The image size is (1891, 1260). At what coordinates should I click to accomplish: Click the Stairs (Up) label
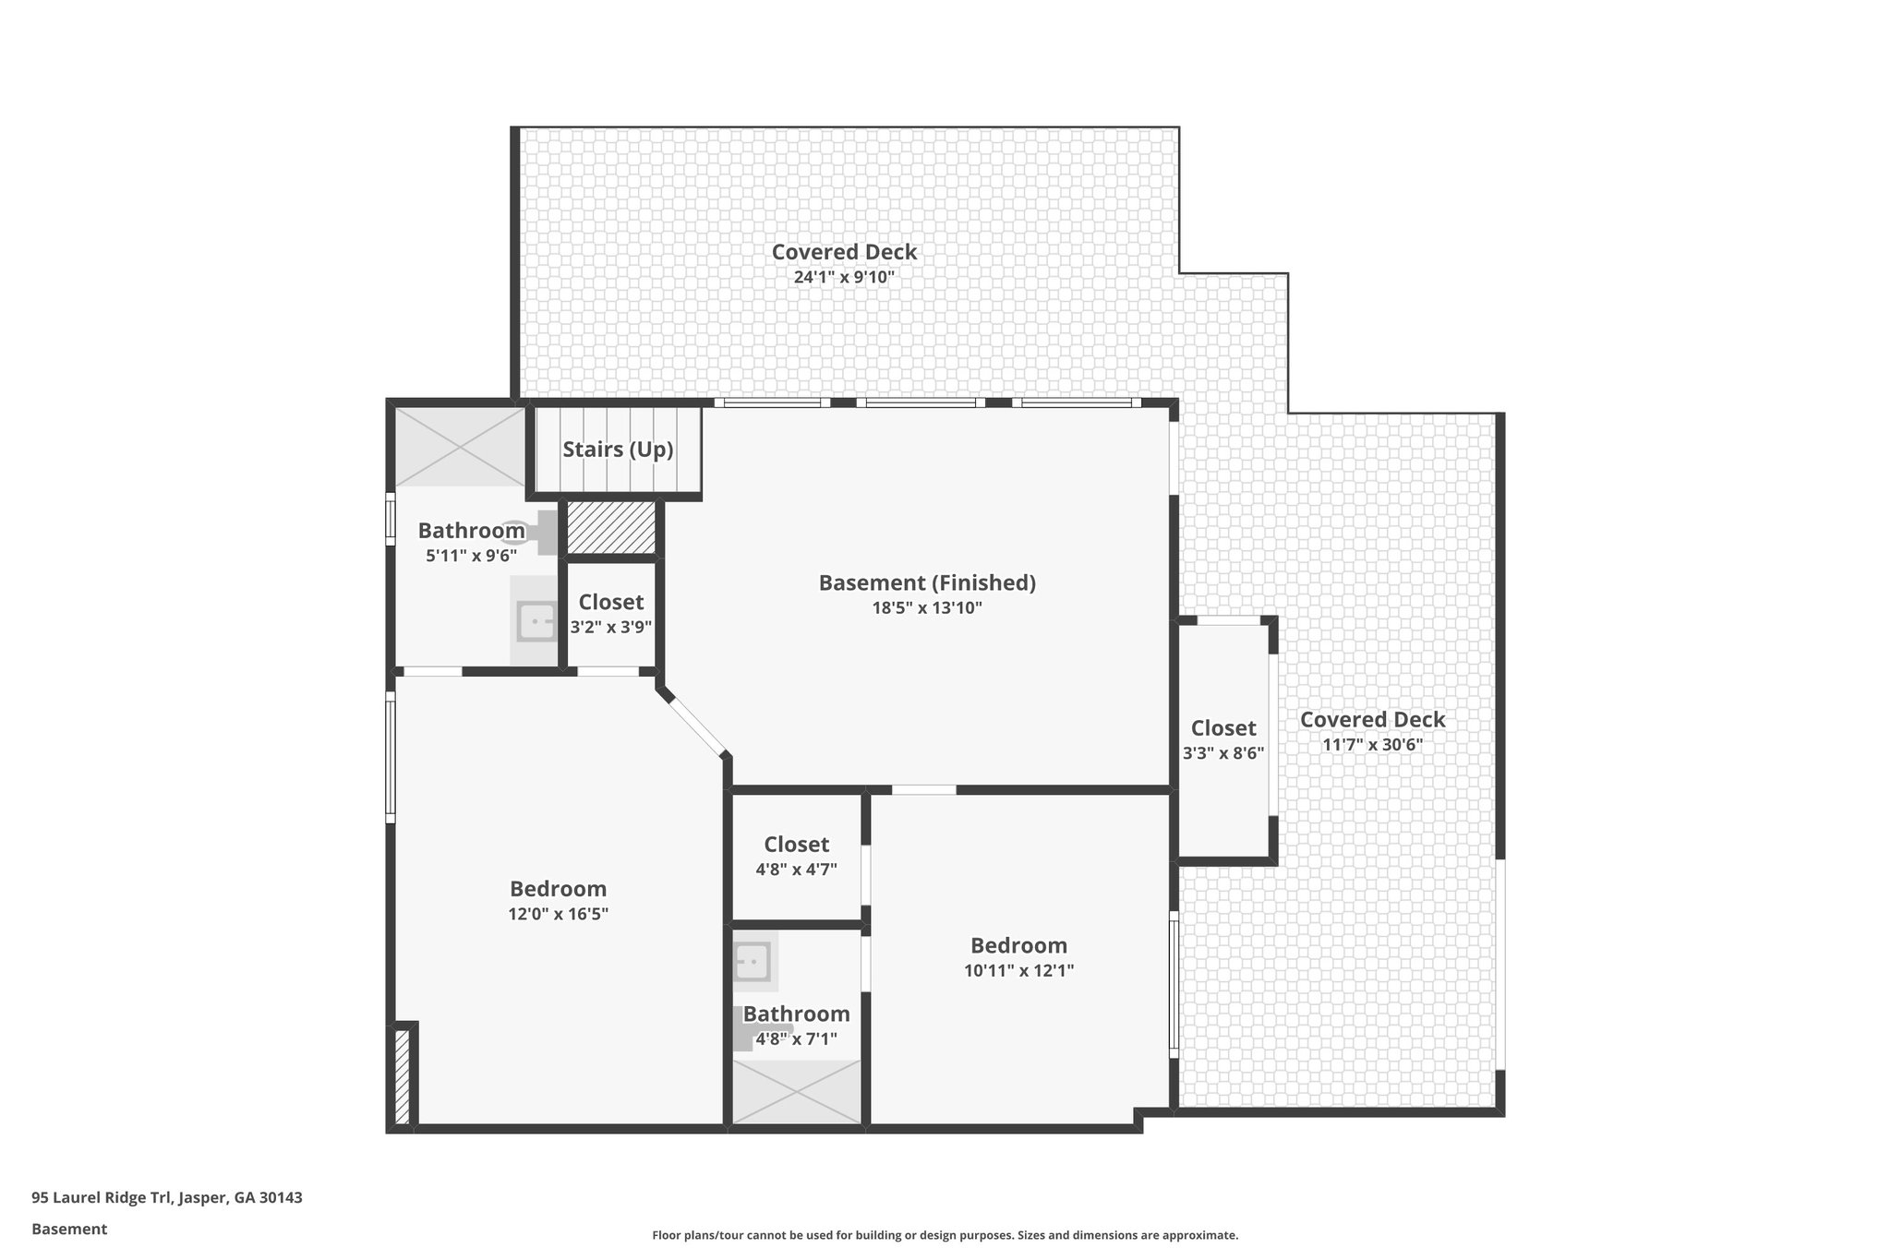coord(618,450)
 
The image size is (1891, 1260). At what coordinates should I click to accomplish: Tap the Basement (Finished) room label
coord(927,582)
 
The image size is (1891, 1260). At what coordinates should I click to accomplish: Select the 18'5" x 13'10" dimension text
coord(927,608)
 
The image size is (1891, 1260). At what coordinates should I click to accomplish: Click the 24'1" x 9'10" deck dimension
coord(844,277)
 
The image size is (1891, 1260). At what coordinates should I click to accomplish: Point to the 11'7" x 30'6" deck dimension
coord(1372,745)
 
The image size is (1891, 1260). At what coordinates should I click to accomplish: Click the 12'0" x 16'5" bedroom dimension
coord(558,915)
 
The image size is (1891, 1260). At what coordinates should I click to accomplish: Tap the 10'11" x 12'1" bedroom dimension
coord(1018,971)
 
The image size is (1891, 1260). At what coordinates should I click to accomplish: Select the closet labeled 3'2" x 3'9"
coord(610,614)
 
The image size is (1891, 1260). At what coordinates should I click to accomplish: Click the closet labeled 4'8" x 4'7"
coord(796,856)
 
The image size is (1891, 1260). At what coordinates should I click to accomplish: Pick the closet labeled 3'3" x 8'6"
coord(1223,739)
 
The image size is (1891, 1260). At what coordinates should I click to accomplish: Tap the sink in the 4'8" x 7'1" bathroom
coord(753,963)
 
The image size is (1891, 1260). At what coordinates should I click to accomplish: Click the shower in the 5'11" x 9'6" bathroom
coord(460,447)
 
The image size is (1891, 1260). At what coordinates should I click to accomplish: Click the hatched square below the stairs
coord(610,528)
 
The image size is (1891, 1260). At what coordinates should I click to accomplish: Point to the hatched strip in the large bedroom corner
coord(402,1077)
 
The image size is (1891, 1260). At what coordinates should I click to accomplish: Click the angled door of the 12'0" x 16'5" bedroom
coord(695,727)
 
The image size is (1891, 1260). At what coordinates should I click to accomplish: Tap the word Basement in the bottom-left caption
coord(69,1229)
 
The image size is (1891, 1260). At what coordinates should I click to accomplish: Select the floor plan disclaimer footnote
coord(945,1235)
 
